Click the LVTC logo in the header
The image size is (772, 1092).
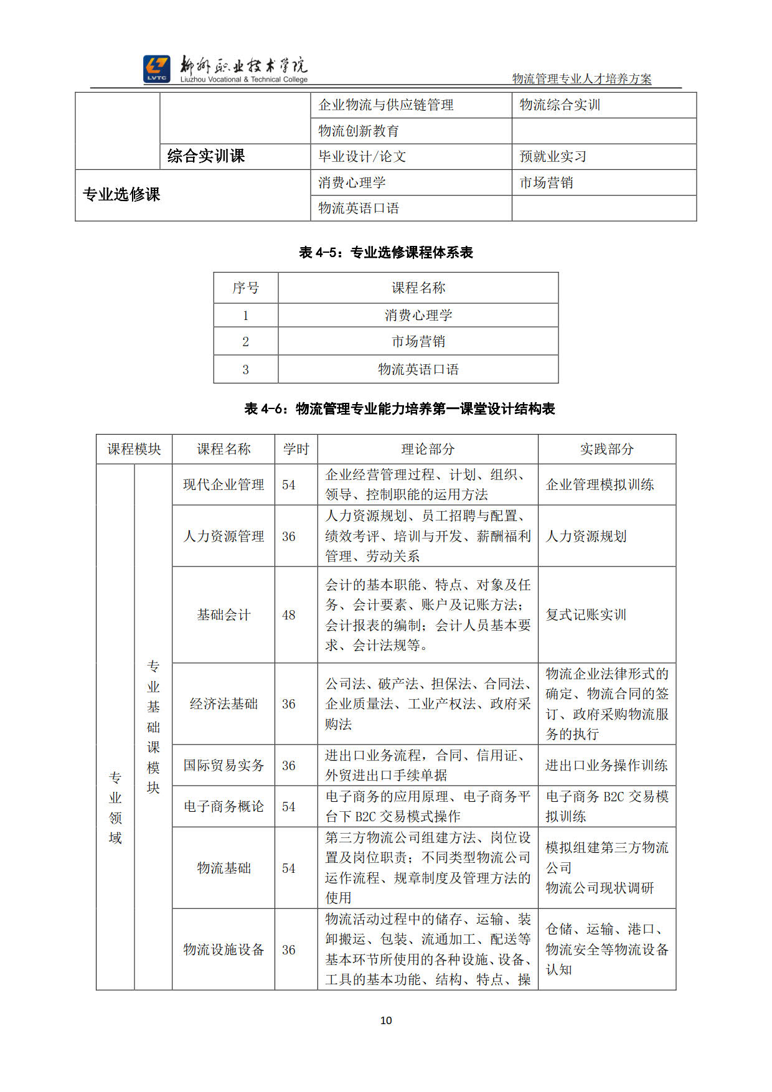(156, 69)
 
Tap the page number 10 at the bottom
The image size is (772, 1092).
(386, 1020)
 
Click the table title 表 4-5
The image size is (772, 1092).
(386, 252)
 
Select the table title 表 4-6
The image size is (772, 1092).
(400, 408)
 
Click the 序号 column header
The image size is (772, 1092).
(245, 288)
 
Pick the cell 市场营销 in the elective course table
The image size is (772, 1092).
(418, 341)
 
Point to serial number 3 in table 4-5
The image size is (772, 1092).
(245, 369)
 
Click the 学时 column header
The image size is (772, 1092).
(296, 449)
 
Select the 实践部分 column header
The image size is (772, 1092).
(606, 449)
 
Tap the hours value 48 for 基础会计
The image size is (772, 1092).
(289, 615)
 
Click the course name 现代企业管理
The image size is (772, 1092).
(224, 484)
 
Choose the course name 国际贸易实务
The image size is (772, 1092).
(224, 765)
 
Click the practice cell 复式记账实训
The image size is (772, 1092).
(586, 615)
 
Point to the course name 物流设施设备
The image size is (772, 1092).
(224, 949)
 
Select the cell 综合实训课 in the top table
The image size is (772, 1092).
(206, 156)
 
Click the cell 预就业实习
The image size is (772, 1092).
(553, 157)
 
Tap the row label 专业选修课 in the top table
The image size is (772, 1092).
(121, 195)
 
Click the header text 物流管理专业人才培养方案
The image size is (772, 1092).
(581, 79)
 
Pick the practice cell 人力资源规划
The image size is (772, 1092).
(586, 536)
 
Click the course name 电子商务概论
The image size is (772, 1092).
(224, 806)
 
